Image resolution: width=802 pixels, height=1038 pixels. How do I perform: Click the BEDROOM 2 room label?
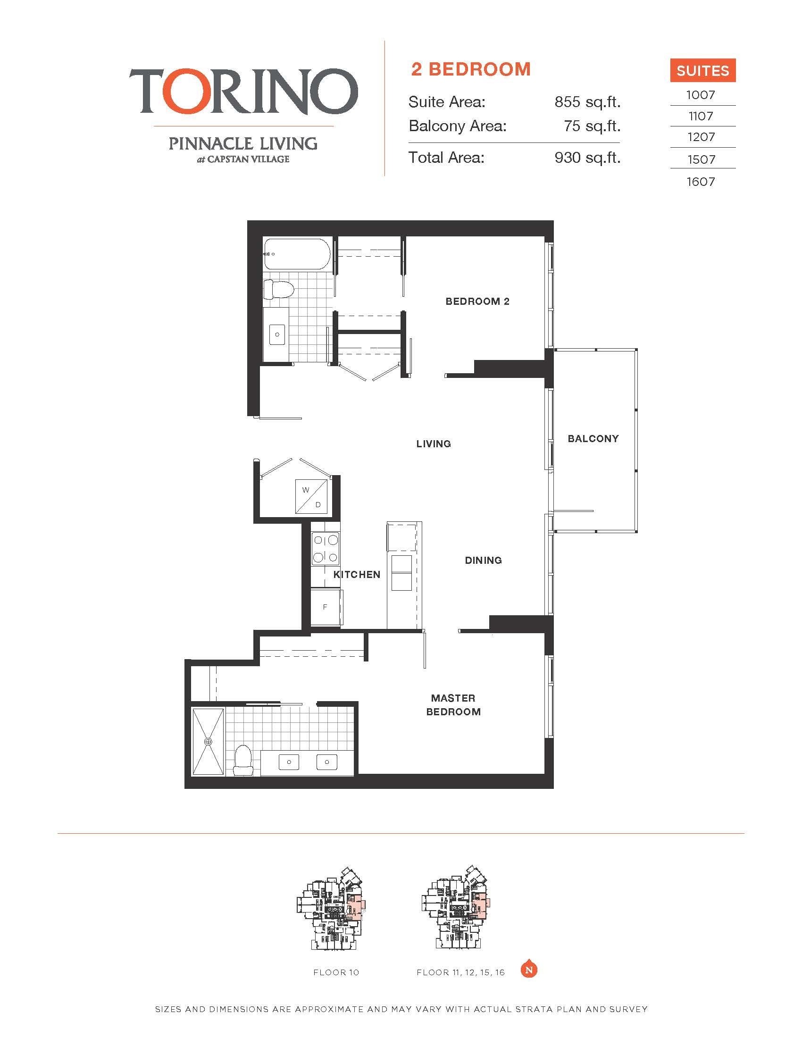pos(477,301)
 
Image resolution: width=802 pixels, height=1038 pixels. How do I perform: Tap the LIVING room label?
pos(433,444)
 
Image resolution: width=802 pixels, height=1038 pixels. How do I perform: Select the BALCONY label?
pos(593,439)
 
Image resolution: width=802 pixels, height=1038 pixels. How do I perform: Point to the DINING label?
pos(483,561)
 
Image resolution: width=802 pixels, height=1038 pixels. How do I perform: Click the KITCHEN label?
pos(357,575)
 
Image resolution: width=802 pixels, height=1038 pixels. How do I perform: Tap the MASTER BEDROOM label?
pos(453,705)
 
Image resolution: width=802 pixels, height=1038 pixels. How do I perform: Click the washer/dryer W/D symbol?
pos(312,497)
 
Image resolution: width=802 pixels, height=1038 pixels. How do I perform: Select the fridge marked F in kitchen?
pos(326,607)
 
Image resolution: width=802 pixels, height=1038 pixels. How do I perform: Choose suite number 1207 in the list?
pos(701,137)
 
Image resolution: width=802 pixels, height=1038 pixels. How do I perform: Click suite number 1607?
pos(701,182)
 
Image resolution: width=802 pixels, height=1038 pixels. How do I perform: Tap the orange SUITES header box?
pos(703,70)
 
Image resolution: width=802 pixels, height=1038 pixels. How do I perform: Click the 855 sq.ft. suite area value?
pos(587,102)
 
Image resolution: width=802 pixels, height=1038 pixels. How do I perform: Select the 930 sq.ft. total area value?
pos(587,157)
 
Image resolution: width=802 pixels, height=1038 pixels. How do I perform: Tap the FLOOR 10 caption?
pos(336,972)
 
